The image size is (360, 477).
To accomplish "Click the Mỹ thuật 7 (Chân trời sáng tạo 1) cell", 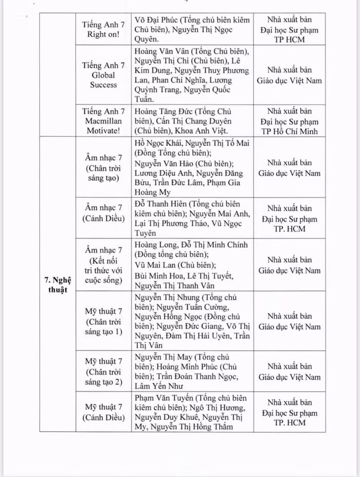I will coord(103,321).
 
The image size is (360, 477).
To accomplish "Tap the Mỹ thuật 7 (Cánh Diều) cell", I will coord(103,412).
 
